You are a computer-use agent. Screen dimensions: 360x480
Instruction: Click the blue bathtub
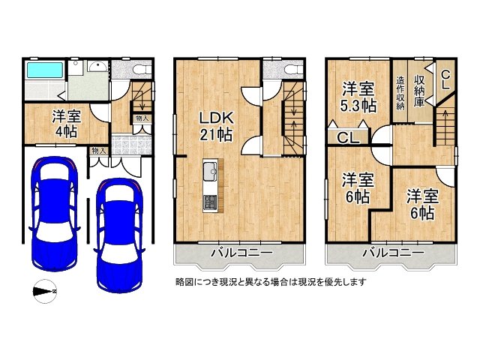(x=45, y=72)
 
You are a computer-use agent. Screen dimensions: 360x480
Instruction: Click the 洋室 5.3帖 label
(x=357, y=97)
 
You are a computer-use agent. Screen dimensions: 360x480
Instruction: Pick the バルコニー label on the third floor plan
(x=391, y=253)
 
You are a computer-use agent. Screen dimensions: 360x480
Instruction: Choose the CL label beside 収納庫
(x=445, y=79)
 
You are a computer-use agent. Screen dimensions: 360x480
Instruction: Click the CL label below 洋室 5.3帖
(x=346, y=138)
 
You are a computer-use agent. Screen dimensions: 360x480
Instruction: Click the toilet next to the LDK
(x=292, y=71)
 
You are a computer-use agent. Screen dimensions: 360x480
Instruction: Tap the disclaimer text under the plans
(x=270, y=282)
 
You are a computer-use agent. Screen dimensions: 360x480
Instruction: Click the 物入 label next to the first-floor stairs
(x=141, y=118)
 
